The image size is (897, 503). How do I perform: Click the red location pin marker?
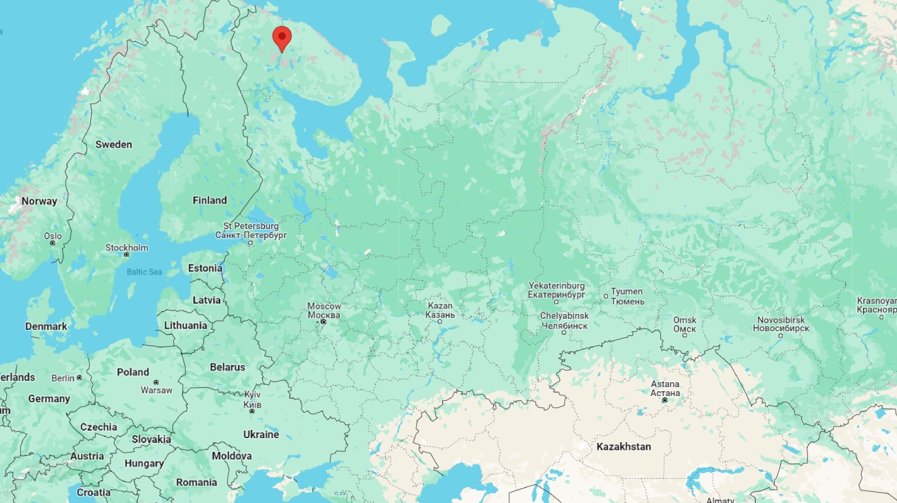click(x=282, y=37)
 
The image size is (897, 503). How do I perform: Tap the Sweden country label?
click(x=114, y=144)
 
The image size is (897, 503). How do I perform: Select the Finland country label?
click(x=210, y=200)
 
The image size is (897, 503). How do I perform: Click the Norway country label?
click(x=39, y=201)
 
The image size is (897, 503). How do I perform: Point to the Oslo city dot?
click(x=52, y=243)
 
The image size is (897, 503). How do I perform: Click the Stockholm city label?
click(x=126, y=248)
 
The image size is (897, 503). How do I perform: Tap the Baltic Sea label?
click(x=144, y=272)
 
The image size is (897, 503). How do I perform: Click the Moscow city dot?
click(x=323, y=322)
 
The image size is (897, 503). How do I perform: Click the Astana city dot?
click(x=664, y=400)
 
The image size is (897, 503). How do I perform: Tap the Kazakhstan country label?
click(x=624, y=446)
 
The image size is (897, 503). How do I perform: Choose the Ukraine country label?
click(x=261, y=434)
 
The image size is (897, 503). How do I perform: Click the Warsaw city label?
click(x=157, y=390)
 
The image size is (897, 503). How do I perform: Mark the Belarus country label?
click(x=228, y=367)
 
